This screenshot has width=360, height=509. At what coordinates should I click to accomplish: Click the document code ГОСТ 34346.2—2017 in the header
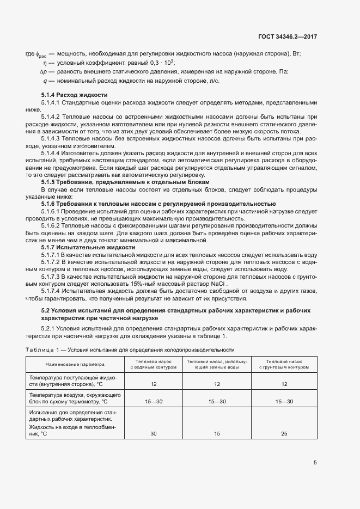click(288, 37)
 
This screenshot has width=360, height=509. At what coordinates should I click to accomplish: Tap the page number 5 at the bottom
click(315, 463)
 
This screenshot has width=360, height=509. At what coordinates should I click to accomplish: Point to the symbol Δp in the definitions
click(44, 72)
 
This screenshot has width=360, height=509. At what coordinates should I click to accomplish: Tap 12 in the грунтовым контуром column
click(284, 384)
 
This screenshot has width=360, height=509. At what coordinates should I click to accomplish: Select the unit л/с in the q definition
click(215, 81)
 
